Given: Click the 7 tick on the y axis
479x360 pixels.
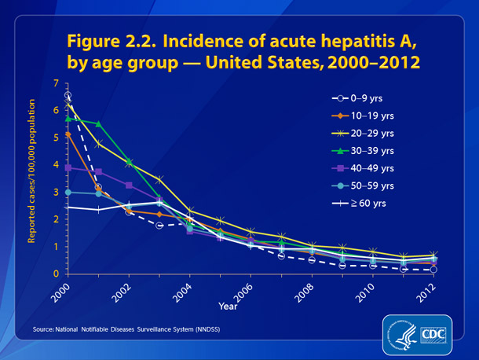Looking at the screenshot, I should [x=57, y=83].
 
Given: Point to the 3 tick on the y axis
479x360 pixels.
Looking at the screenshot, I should [x=57, y=193].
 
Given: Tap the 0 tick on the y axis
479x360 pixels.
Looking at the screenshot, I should [x=57, y=274].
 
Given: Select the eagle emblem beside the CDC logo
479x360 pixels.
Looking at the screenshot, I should [x=400, y=331].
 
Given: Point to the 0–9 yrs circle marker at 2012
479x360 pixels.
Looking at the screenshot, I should [x=433, y=270].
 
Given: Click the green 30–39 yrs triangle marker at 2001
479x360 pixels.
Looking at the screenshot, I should [x=98, y=123].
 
